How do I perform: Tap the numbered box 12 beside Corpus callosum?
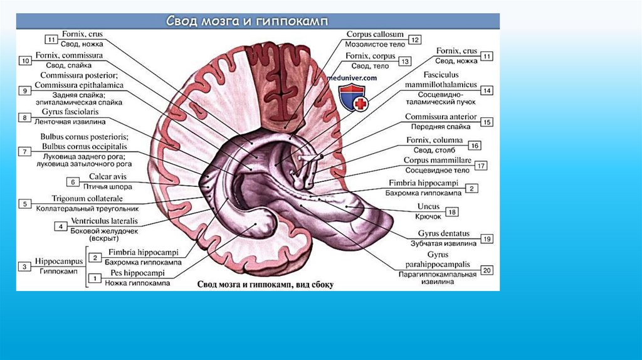(415, 40)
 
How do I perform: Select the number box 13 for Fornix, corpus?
(404, 61)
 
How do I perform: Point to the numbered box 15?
(487, 122)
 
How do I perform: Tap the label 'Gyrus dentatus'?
(448, 233)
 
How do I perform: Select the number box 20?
(487, 270)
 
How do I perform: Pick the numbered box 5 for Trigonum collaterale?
(24, 203)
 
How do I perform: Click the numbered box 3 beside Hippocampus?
(24, 267)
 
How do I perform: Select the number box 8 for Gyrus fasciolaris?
(24, 117)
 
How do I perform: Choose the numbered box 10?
(24, 61)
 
